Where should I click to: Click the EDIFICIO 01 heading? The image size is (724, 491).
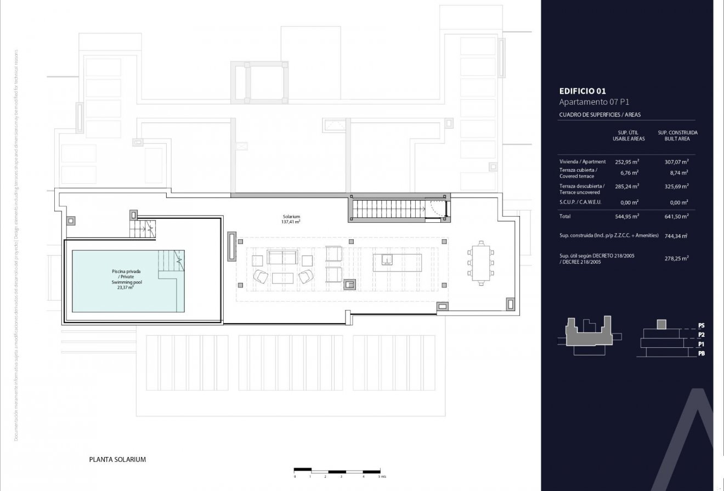582,92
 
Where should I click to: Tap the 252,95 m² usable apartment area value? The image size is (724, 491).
626,162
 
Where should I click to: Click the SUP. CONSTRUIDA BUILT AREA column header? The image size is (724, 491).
677,136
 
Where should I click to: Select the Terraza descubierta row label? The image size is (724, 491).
582,189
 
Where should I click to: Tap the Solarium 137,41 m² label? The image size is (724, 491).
291,219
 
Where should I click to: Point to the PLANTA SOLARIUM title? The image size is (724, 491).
117,460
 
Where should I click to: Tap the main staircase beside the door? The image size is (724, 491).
387,209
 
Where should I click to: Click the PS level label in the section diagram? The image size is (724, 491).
702,325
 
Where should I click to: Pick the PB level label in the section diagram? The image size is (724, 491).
702,354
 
